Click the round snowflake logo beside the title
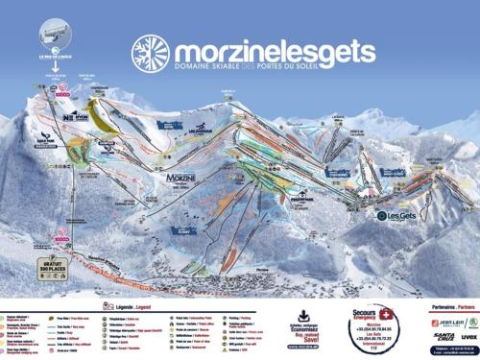click(151, 54)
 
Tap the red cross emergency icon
click(386, 314)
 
